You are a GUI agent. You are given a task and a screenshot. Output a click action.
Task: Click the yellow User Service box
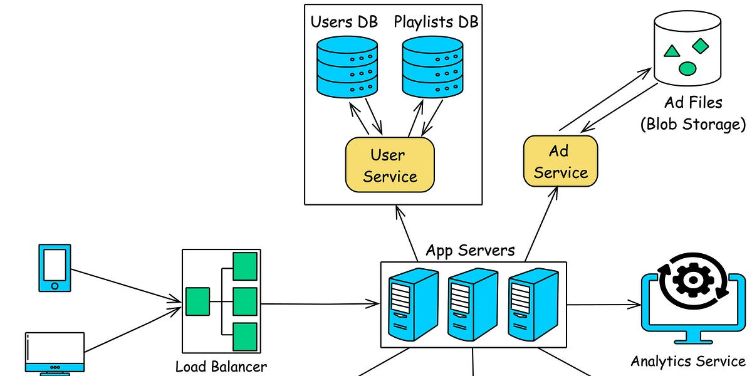point(389,164)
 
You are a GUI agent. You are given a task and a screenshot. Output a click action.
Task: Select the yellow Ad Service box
point(560,160)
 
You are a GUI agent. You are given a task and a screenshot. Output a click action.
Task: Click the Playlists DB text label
point(436,22)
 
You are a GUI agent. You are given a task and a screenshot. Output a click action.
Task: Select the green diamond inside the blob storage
point(700,46)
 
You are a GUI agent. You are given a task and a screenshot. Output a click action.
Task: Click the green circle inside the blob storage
point(687,68)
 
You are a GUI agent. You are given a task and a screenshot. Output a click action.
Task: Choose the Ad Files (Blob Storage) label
point(693,113)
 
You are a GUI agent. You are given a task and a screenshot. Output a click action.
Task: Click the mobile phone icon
point(55,268)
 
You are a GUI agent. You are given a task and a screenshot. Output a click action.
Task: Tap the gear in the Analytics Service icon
point(692,282)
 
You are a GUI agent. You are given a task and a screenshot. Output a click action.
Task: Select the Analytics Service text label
point(688,361)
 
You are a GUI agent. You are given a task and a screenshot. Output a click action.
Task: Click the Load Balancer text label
point(221,367)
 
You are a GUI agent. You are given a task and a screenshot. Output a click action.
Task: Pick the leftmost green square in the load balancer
point(197,301)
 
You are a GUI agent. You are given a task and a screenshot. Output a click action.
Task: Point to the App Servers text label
point(470,251)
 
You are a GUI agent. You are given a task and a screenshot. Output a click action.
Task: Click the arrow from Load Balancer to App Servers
point(320,304)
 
